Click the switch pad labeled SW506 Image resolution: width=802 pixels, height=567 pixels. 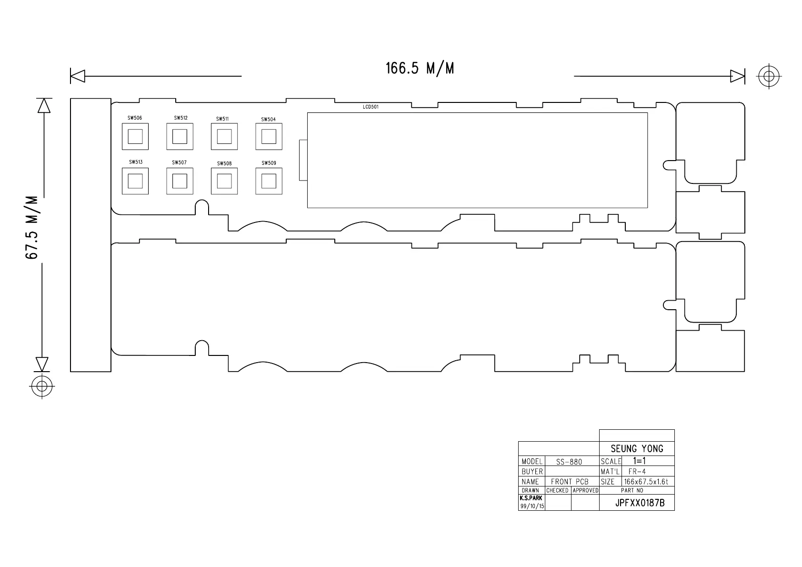(135, 137)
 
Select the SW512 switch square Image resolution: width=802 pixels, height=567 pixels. (180, 137)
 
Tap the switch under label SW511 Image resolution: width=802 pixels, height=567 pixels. (224, 137)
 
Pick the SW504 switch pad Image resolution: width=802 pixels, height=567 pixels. (269, 137)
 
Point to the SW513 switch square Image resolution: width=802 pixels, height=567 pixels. (135, 181)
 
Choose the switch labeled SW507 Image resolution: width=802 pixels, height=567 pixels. (180, 181)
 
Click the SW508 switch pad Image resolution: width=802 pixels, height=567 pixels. (224, 181)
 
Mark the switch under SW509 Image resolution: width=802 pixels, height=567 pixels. (269, 181)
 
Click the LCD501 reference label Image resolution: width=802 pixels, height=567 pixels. (371, 107)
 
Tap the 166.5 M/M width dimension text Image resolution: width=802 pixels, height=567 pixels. (420, 69)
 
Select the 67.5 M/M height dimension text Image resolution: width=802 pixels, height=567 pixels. (32, 228)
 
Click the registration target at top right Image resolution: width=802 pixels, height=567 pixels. (769, 76)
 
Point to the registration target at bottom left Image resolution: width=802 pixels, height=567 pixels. (42, 385)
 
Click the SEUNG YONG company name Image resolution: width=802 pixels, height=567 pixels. (637, 449)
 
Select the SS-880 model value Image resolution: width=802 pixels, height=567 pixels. (569, 462)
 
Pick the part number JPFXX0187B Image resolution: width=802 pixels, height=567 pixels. (640, 503)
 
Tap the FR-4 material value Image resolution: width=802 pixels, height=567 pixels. (637, 472)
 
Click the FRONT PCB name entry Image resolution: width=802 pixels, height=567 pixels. (570, 482)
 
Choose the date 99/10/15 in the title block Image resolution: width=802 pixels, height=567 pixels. (532, 506)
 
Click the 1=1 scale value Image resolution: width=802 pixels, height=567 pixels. (639, 461)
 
